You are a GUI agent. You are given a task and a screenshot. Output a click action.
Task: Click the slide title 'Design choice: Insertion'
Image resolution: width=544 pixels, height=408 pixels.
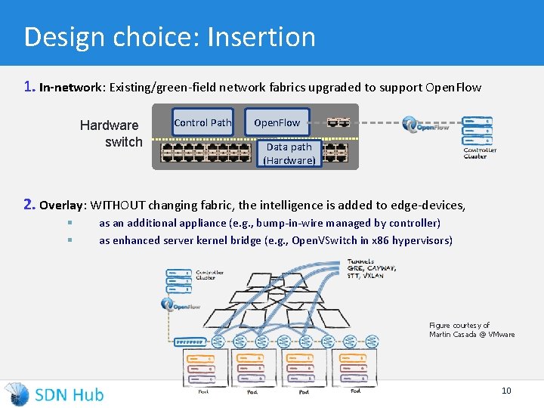point(169,36)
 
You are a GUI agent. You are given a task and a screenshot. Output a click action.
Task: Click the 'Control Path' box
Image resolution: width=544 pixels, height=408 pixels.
point(202,122)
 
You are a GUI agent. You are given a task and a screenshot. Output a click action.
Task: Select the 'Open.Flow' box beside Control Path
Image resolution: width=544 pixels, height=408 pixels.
point(277,122)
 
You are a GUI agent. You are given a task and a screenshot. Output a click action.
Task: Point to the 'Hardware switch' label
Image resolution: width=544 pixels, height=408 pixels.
point(111,134)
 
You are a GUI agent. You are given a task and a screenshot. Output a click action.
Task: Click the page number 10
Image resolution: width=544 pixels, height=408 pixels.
point(506,391)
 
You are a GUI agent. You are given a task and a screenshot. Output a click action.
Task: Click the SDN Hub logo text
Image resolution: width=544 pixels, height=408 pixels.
point(69,394)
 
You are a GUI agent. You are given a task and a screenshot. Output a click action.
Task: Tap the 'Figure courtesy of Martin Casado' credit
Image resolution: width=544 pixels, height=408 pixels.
point(471,329)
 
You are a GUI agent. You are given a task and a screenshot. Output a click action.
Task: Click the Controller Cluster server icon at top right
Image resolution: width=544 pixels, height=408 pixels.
point(477,129)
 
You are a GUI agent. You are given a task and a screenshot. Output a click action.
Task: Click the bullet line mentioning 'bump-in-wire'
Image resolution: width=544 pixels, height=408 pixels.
point(270,223)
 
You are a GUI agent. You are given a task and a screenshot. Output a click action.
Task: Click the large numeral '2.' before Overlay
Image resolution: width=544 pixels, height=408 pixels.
point(29,204)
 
